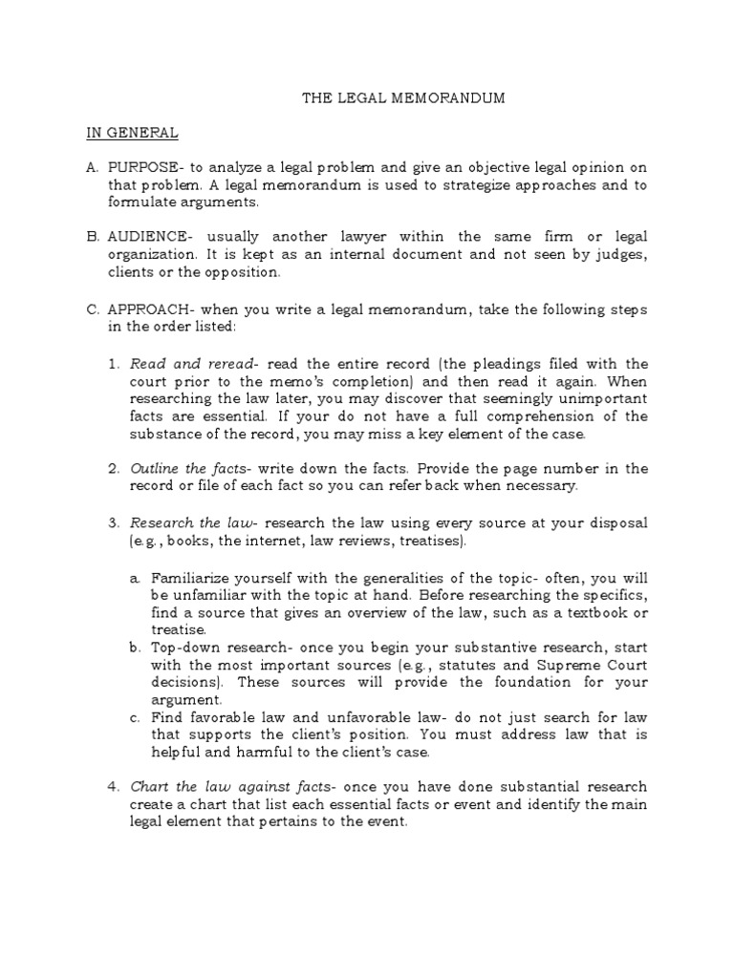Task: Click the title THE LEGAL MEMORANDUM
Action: (403, 97)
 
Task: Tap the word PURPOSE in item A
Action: (146, 167)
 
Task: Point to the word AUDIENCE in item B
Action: (150, 237)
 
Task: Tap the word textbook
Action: (588, 611)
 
